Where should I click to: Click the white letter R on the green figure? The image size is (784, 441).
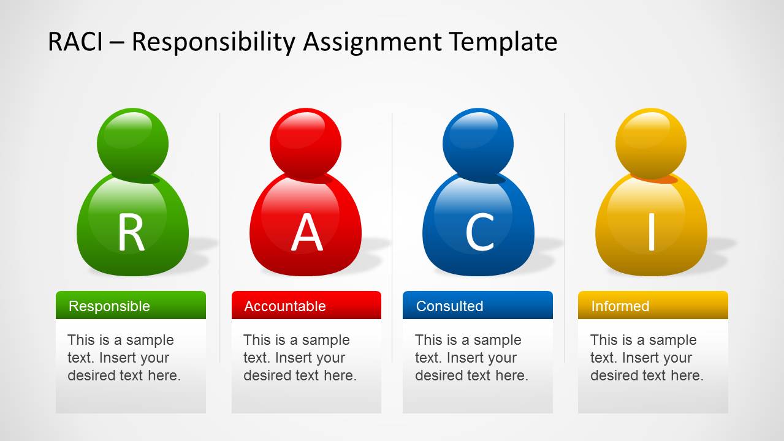click(x=131, y=232)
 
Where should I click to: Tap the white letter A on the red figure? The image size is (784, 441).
click(x=307, y=232)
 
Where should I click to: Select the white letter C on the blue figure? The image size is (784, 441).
click(x=480, y=232)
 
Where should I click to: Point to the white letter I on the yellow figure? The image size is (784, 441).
click(x=652, y=232)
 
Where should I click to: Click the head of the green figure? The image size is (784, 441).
click(x=132, y=143)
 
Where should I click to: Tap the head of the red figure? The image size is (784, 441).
click(x=305, y=143)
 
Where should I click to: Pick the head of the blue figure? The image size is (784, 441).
click(x=478, y=143)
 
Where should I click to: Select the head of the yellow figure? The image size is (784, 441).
click(x=651, y=143)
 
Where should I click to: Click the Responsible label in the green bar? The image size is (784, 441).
click(x=109, y=306)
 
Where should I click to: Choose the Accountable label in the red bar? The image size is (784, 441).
click(x=285, y=306)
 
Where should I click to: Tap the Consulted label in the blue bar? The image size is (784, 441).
click(x=449, y=306)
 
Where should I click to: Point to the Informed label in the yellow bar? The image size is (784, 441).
click(x=620, y=306)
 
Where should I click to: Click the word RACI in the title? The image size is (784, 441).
click(x=75, y=42)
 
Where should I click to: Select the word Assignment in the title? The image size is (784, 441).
click(x=373, y=43)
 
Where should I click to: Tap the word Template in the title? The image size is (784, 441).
click(x=504, y=43)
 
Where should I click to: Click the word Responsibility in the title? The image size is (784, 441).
click(x=213, y=43)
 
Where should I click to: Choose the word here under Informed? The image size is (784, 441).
click(x=687, y=375)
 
